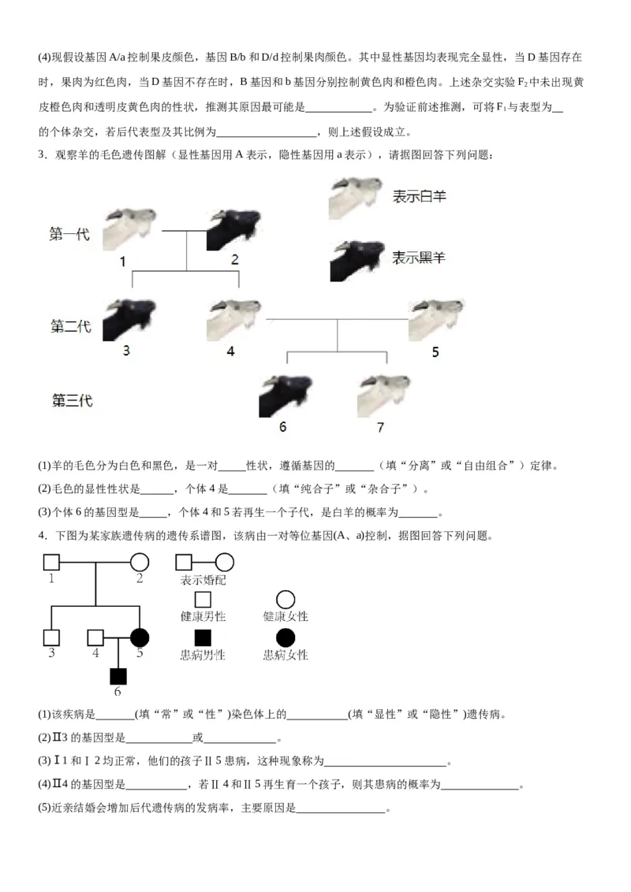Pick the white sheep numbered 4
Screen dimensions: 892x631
coord(233,320)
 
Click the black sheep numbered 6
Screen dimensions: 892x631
coord(286,395)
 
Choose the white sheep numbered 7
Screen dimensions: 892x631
coord(383,395)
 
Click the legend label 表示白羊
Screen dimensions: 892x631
coord(419,196)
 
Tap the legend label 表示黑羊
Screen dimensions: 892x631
coord(419,257)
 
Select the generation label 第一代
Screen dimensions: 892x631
coord(70,234)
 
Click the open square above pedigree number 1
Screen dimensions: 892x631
coord(51,563)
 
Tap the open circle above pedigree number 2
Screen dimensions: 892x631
coord(140,563)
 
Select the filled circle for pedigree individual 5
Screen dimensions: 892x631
coord(140,637)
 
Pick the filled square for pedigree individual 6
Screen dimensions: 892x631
coord(118,675)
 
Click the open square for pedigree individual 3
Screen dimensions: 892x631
coord(51,637)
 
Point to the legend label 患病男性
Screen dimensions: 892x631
coord(203,655)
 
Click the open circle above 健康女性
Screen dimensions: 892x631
coord(286,600)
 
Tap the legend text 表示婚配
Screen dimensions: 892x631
coord(203,580)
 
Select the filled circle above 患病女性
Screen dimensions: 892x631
coord(286,637)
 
